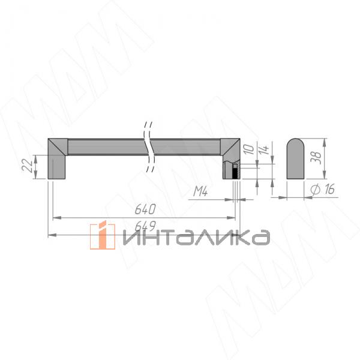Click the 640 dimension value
[x=145, y=210]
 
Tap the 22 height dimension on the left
[x=28, y=166]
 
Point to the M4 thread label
[x=200, y=192]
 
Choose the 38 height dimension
[x=317, y=157]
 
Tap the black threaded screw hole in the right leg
[x=236, y=172]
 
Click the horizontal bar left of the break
[x=105, y=146]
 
